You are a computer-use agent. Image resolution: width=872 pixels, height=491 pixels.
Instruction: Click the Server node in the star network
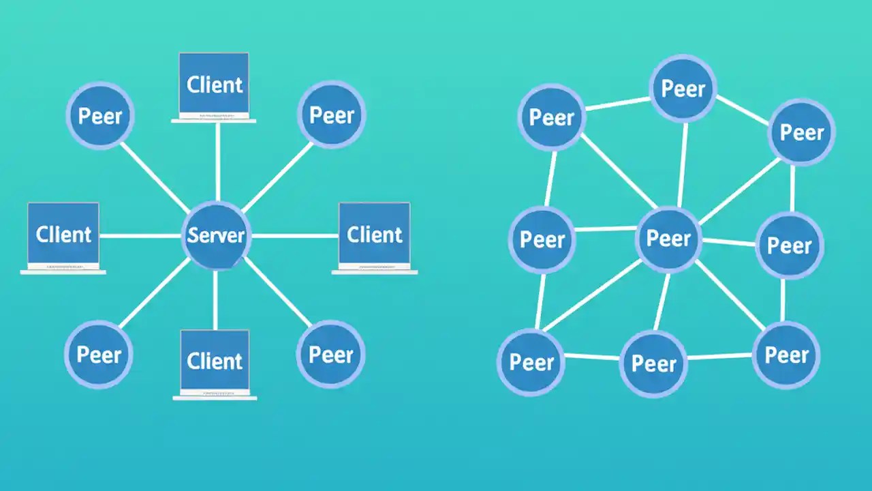[216, 236]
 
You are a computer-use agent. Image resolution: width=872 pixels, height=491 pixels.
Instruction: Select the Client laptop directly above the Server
[214, 85]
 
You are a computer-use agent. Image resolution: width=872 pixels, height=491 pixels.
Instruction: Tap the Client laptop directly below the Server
[215, 361]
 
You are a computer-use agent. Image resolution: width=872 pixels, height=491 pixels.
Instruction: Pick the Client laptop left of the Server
[63, 235]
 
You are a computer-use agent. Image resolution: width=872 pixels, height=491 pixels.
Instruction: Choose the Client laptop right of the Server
[374, 235]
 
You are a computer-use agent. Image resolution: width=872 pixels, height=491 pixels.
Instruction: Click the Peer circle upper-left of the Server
[100, 116]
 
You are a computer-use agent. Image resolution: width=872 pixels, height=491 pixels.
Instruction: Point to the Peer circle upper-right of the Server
[331, 115]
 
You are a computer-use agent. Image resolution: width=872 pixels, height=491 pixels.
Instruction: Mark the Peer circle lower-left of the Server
[99, 355]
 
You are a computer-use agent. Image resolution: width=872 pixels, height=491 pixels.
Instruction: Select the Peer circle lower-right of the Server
[331, 355]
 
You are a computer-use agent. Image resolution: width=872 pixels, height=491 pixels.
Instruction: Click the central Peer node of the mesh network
[668, 239]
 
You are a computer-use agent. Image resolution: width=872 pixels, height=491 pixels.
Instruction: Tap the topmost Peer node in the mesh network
[683, 89]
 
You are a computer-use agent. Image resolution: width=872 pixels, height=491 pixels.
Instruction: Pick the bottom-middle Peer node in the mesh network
[653, 364]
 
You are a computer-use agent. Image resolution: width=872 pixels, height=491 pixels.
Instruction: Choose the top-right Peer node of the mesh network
[802, 132]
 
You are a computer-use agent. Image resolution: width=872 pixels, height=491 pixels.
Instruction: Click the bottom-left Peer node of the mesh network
[531, 362]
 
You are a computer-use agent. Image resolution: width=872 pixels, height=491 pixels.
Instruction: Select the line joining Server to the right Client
[294, 236]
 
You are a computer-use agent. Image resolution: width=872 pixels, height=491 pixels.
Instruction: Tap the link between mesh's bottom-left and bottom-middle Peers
[591, 356]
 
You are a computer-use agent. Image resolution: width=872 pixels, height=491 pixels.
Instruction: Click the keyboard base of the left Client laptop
[63, 271]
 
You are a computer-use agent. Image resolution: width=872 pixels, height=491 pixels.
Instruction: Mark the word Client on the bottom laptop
[215, 361]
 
